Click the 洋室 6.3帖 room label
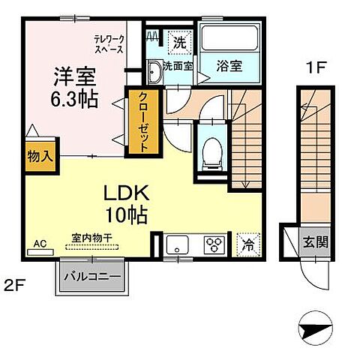[x=73, y=88]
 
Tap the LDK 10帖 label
[x=124, y=203]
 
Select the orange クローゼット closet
[x=139, y=121]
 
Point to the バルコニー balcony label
[x=93, y=277]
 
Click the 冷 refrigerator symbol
[x=247, y=244]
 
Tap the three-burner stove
[x=214, y=244]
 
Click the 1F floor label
[x=314, y=66]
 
